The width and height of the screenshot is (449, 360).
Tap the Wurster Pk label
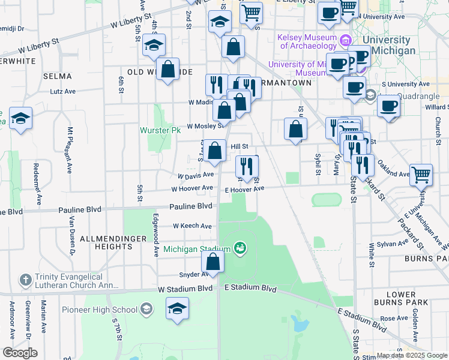[x=160, y=130]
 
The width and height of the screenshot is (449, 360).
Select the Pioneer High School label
[x=100, y=310]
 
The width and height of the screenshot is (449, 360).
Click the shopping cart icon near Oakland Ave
[x=421, y=175]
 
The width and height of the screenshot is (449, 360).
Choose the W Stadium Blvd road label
[x=185, y=289]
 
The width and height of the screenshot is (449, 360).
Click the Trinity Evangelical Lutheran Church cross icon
[x=25, y=280]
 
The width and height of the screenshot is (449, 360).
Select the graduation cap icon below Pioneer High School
[x=177, y=309]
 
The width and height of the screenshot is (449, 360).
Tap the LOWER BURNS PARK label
[x=402, y=299]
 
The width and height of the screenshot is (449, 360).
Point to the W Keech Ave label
[x=192, y=226]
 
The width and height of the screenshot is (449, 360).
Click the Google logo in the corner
[x=20, y=353]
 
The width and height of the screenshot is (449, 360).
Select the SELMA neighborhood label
[x=58, y=76]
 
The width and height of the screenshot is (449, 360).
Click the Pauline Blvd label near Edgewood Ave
[x=191, y=206]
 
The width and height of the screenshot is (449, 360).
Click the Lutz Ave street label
[x=62, y=92]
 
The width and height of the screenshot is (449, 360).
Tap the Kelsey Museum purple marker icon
[x=345, y=41]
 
